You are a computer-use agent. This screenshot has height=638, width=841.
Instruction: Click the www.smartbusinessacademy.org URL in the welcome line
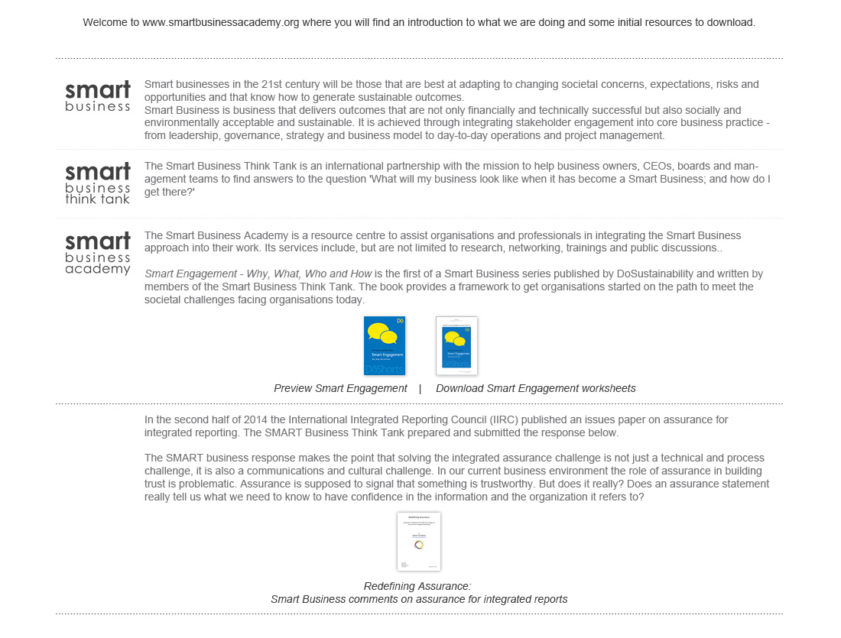[x=220, y=23]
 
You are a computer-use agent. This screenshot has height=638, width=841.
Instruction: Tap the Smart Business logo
[x=98, y=96]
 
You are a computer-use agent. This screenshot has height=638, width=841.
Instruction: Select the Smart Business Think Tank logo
[x=98, y=183]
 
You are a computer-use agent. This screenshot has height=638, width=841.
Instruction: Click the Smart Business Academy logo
[x=98, y=254]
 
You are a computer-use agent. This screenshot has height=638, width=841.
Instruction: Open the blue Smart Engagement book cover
[x=385, y=345]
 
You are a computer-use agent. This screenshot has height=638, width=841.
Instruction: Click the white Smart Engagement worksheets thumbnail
[x=456, y=345]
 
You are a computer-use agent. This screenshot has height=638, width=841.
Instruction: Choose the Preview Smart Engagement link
[x=340, y=388]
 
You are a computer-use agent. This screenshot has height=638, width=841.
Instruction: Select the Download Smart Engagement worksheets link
[x=535, y=388]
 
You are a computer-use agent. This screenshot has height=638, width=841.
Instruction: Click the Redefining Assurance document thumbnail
[x=418, y=541]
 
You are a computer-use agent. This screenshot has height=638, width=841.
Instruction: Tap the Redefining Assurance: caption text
[x=417, y=586]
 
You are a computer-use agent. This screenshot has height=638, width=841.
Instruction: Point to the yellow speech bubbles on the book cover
[x=383, y=333]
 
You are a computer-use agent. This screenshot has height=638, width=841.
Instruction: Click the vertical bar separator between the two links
[x=420, y=388]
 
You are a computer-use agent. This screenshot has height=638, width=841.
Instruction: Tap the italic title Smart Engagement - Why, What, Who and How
[x=258, y=274]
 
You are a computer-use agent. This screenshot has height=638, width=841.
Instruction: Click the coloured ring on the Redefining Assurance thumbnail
[x=419, y=544]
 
